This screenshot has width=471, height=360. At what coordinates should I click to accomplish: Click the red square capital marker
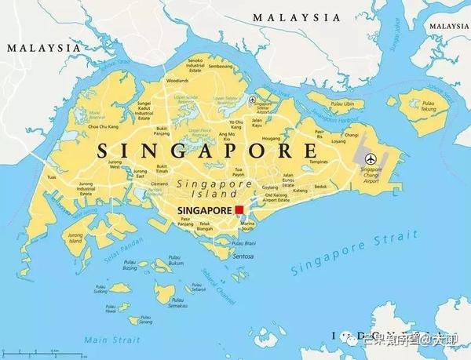coord(239,210)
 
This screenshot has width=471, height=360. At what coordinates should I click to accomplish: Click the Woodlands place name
coord(177,80)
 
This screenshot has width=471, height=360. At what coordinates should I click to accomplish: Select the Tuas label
coord(52,177)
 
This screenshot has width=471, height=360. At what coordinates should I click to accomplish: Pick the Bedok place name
coord(320,187)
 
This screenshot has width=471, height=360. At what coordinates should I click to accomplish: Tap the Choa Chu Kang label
coord(103,125)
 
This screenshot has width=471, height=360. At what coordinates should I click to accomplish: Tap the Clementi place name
coord(159,183)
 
